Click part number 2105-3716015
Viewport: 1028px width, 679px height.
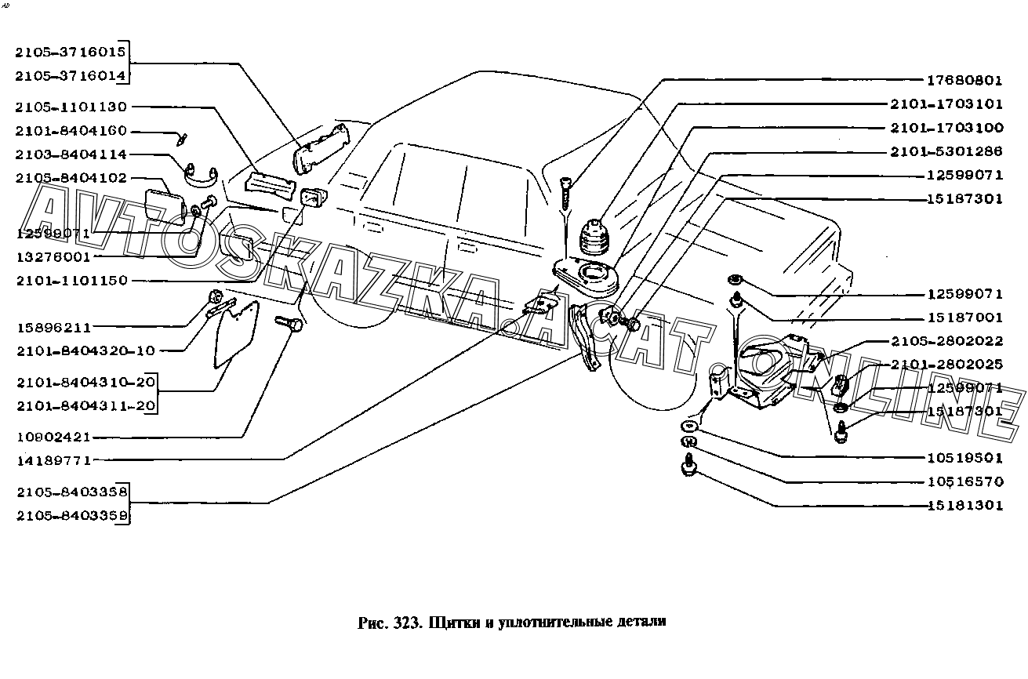pos(71,52)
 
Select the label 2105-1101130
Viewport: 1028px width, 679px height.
pos(71,107)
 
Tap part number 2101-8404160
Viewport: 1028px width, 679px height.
pos(71,131)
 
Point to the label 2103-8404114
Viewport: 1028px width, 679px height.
pos(71,154)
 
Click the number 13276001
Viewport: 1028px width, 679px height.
pos(53,257)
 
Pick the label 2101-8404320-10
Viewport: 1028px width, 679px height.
pos(86,351)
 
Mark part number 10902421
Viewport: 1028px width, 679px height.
pos(53,437)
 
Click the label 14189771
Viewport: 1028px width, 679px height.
pos(54,460)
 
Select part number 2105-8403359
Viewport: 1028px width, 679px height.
pos(72,516)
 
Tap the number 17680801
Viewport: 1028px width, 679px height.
pos(964,81)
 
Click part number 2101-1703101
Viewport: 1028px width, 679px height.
pos(946,104)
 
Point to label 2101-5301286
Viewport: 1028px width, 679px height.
pos(946,151)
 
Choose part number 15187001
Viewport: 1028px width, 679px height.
pos(965,318)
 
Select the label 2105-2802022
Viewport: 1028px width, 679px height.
pos(947,341)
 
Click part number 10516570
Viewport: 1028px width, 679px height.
pos(965,481)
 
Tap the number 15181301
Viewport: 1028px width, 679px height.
pos(965,506)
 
